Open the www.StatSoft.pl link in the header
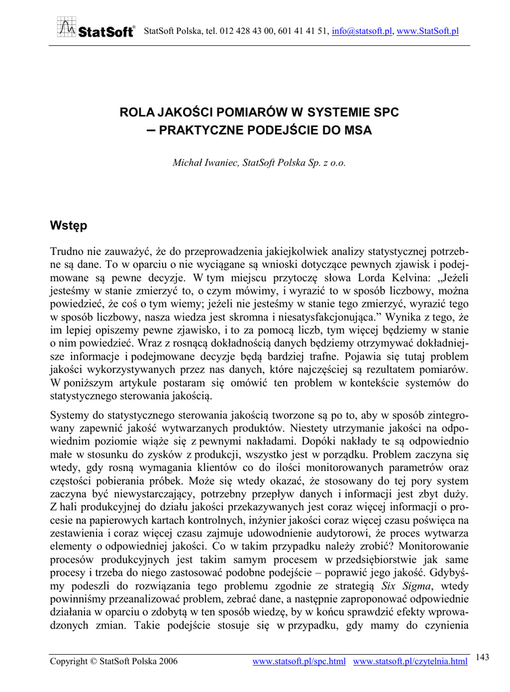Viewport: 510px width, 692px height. [428, 31]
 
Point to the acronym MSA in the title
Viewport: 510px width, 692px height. [357, 129]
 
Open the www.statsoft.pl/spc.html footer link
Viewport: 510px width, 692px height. [299, 660]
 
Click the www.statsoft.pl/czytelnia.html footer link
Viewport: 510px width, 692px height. [411, 660]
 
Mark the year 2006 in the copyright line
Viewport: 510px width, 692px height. [167, 660]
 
